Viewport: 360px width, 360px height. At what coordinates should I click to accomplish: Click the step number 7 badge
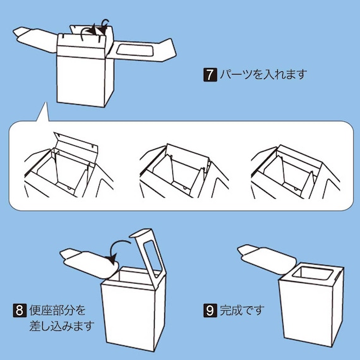(x=209, y=75)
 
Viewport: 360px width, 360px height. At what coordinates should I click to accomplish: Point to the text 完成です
(x=241, y=310)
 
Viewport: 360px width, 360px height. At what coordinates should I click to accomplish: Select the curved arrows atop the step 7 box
(x=95, y=28)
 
